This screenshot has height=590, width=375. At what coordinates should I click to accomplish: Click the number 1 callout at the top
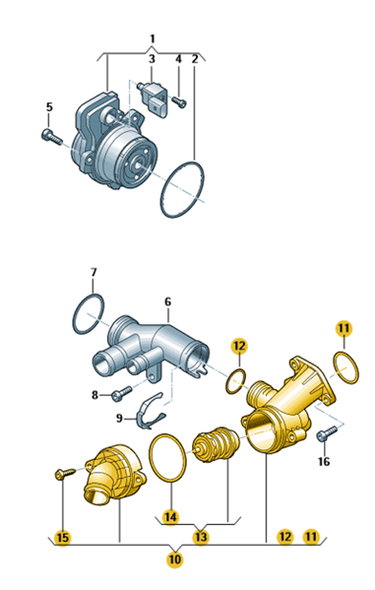pyautogui.click(x=153, y=38)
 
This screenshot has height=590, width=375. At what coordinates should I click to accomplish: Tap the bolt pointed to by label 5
pyautogui.click(x=51, y=137)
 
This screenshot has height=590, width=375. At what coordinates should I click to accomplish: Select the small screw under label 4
pyautogui.click(x=179, y=101)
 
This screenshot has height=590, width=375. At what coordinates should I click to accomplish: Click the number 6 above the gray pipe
pyautogui.click(x=167, y=301)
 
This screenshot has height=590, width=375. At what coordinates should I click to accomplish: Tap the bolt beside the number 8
pyautogui.click(x=121, y=392)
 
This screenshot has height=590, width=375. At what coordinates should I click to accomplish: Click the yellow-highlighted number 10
pyautogui.click(x=175, y=559)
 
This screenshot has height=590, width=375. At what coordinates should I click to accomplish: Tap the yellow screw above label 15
pyautogui.click(x=65, y=473)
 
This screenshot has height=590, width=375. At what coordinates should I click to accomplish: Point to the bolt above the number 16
pyautogui.click(x=327, y=433)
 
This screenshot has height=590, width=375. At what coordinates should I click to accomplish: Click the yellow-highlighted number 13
pyautogui.click(x=201, y=537)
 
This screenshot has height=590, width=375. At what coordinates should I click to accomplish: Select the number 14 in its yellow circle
pyautogui.click(x=170, y=517)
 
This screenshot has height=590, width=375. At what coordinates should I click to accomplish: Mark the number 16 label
pyautogui.click(x=324, y=461)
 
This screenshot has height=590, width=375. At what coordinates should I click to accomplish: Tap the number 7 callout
pyautogui.click(x=94, y=272)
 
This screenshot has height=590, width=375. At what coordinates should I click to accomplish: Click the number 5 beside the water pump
pyautogui.click(x=49, y=106)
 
